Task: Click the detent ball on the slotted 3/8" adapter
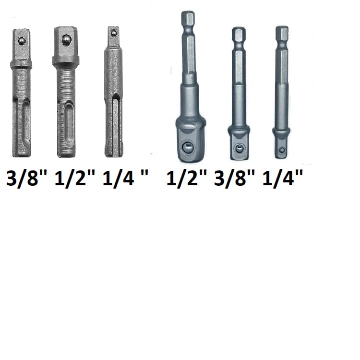[x=22, y=41]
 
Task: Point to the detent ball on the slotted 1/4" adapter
[x=113, y=34]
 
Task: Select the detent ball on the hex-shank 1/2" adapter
[x=188, y=147]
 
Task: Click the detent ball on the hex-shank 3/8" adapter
[x=240, y=148]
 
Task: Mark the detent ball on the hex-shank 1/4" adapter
[x=282, y=151]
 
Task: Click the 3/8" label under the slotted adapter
[x=26, y=179]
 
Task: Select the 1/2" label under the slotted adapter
[x=74, y=179]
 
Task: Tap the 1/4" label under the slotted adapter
[x=125, y=179]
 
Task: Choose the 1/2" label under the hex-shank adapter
[x=186, y=179]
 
